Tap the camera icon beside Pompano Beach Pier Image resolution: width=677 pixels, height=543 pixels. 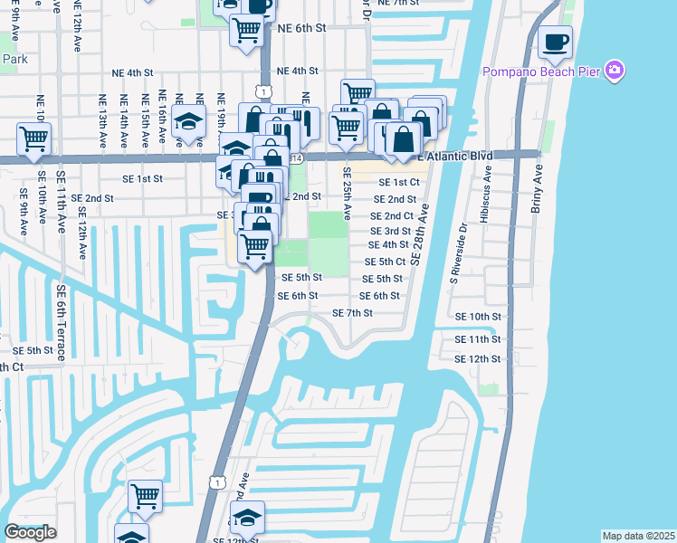615,71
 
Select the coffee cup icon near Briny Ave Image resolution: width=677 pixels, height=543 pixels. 555,42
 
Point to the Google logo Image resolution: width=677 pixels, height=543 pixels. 30,532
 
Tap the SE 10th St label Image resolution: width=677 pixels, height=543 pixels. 478,317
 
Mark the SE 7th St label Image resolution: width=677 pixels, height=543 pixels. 353,313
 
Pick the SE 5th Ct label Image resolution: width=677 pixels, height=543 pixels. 384,262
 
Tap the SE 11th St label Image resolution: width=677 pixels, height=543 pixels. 478,339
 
